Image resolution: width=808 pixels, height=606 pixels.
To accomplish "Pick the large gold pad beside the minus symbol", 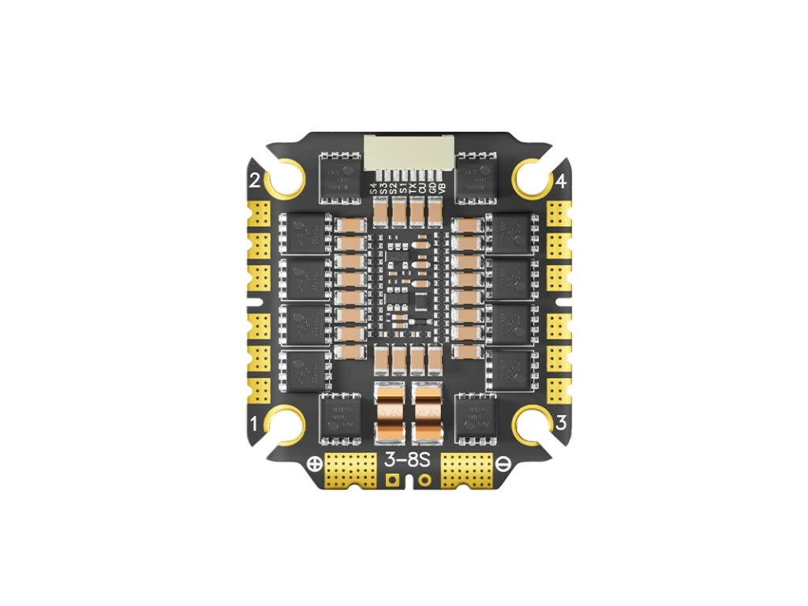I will click(466, 470).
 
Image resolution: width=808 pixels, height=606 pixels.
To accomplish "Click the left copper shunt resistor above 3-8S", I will click(390, 413).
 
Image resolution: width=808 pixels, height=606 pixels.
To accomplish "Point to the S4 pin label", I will click(374, 189).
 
